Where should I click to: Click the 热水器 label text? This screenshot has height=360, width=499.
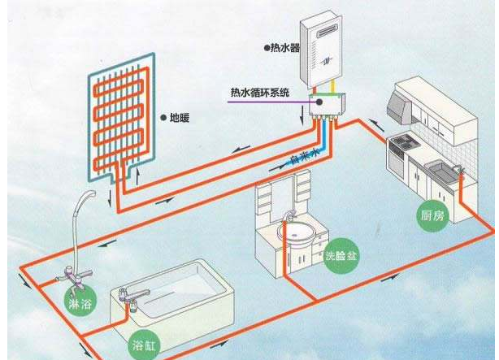(285, 48)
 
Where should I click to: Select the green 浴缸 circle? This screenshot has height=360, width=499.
(144, 341)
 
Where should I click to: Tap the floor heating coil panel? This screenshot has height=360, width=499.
(120, 113)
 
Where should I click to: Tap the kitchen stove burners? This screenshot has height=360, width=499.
(402, 144)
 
